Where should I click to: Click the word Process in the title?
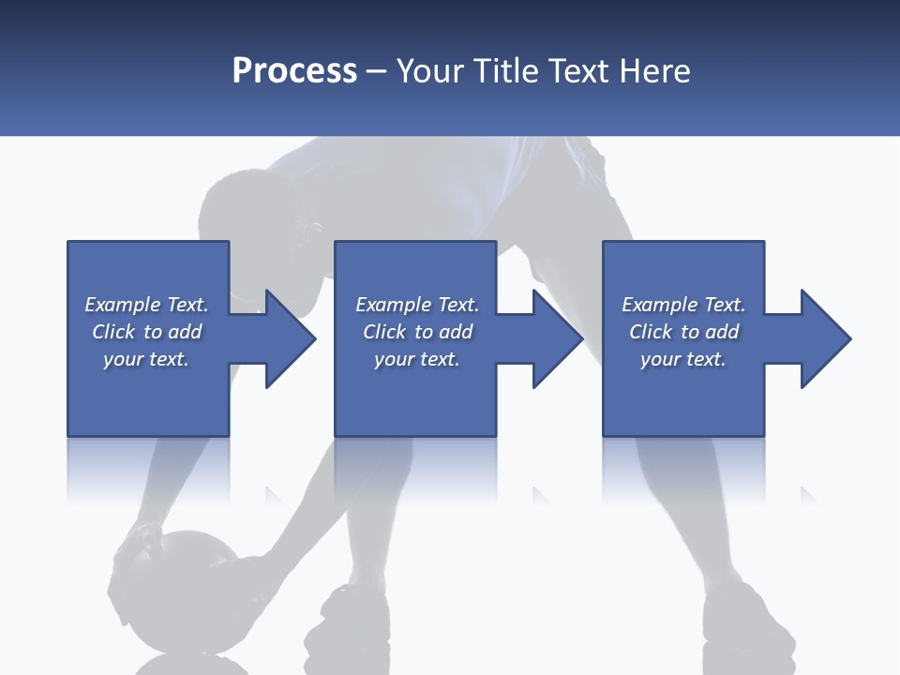294,71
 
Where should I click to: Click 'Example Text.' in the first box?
146,305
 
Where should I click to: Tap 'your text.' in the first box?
146,359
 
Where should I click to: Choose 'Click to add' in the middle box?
417,332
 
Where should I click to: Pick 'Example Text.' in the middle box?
417,305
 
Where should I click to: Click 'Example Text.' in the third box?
683,305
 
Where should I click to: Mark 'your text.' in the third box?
683,359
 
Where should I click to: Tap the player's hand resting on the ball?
141,544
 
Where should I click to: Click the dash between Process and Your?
376,71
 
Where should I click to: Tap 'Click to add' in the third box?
683,332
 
